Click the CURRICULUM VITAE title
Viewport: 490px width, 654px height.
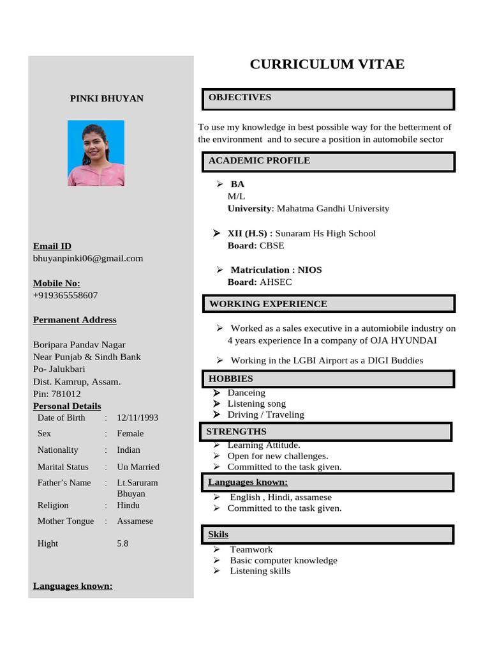327,65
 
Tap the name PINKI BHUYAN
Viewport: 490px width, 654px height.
107,98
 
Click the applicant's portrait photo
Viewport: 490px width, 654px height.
96,153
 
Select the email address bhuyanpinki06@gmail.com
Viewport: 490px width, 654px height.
88,259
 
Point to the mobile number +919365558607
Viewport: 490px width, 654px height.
65,295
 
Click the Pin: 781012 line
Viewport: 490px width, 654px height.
57,394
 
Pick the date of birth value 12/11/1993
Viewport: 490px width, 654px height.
137,418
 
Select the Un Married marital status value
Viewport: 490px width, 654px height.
138,467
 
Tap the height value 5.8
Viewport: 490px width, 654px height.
122,544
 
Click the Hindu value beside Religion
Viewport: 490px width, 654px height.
128,505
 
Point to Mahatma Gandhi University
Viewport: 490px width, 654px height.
332,208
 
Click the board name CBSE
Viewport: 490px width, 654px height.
272,245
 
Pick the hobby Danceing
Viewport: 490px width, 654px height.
246,393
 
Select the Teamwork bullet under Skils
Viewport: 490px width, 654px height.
251,549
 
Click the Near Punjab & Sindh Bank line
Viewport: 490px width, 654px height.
87,357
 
